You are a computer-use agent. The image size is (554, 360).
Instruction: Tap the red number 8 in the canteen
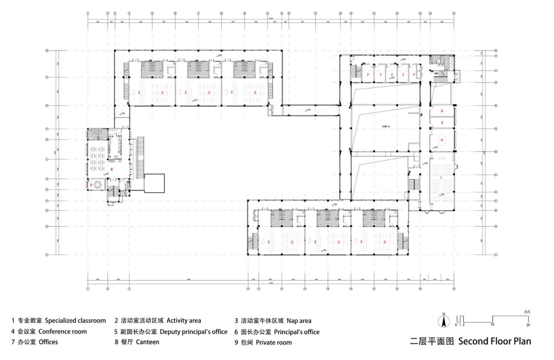pyautogui.click(x=112, y=169)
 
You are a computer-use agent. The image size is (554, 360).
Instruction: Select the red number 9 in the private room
pyautogui.click(x=91, y=185)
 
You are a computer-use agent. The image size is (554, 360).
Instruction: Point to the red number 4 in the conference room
pyautogui.click(x=441, y=140)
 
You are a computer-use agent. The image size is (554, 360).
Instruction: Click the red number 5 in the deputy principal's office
pyautogui.click(x=442, y=123)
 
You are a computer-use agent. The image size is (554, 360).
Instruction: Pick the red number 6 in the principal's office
pyautogui.click(x=442, y=111)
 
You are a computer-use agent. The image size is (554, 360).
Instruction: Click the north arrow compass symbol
pyautogui.click(x=444, y=321)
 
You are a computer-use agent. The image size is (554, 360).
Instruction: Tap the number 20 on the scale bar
pyautogui.click(x=528, y=324)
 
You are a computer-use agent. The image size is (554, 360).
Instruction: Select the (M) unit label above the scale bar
pyautogui.click(x=527, y=312)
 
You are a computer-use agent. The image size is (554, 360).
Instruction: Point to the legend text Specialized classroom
pyautogui.click(x=75, y=321)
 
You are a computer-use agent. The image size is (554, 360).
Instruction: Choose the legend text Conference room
pyautogui.click(x=63, y=331)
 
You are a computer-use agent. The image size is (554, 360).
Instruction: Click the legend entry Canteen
pyautogui.click(x=148, y=342)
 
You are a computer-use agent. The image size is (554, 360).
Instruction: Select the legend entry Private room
pyautogui.click(x=274, y=343)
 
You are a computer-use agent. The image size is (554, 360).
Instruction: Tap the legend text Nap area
pyautogui.click(x=299, y=321)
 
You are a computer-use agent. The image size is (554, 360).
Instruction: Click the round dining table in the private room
pyautogui.click(x=97, y=184)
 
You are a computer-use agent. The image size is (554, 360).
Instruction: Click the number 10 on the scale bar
pyautogui.click(x=493, y=324)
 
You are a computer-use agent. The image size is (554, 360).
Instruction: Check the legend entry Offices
pyautogui.click(x=48, y=342)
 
